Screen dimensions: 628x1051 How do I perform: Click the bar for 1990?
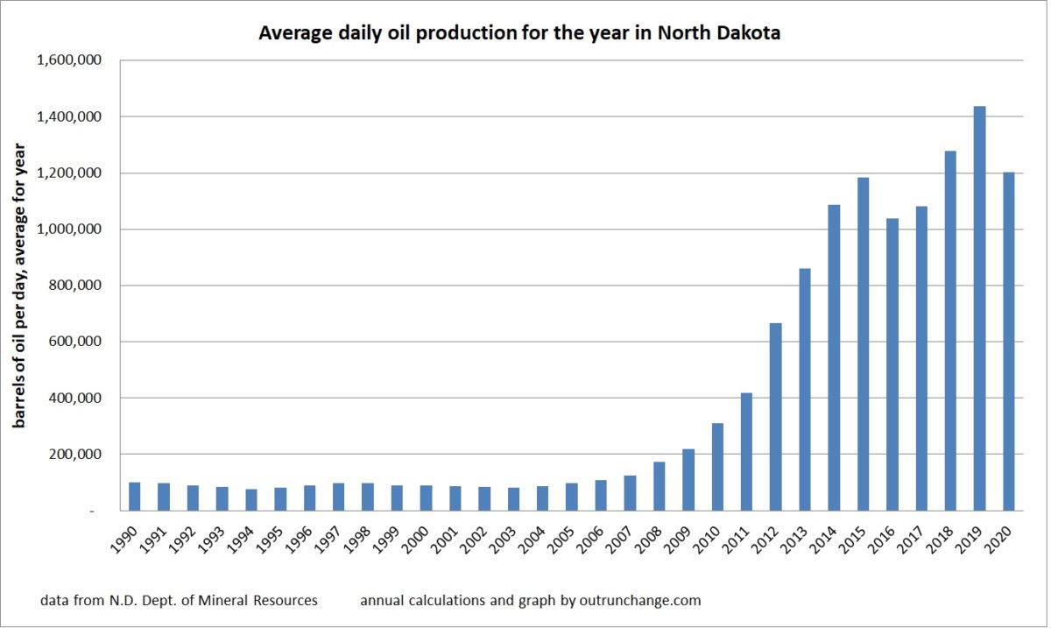(x=134, y=497)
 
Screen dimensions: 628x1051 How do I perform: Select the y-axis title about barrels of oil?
(x=19, y=285)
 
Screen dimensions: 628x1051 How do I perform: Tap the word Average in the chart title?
(x=287, y=34)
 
